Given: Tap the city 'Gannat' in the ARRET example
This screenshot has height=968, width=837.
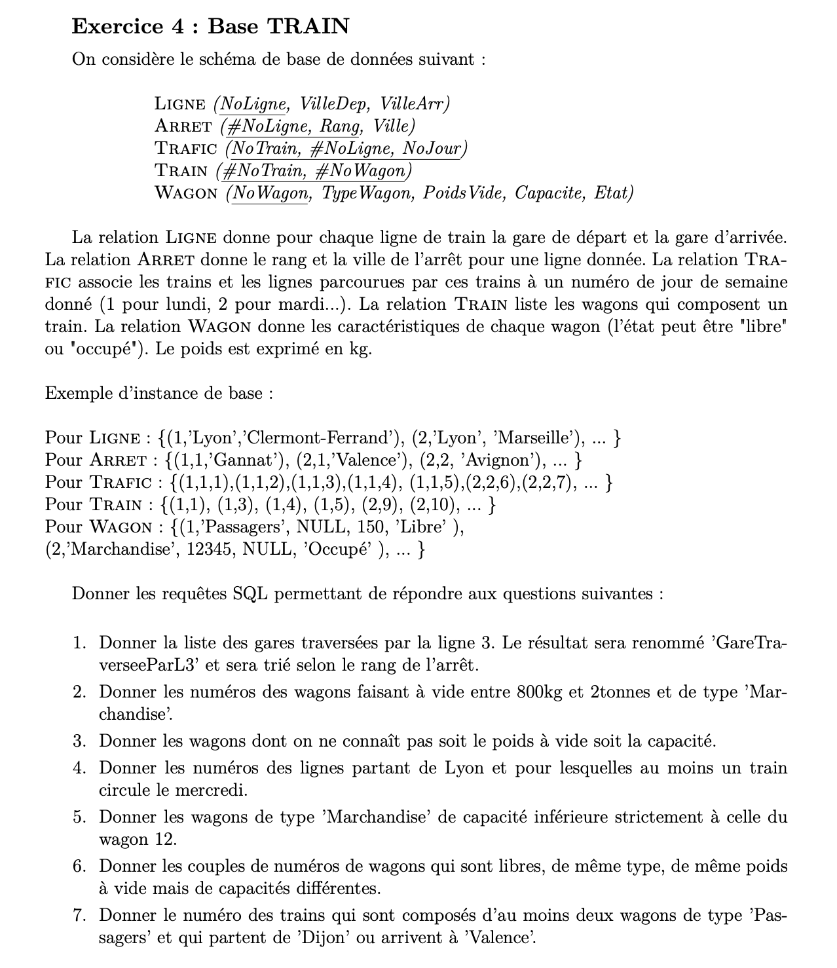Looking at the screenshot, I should [240, 460].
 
